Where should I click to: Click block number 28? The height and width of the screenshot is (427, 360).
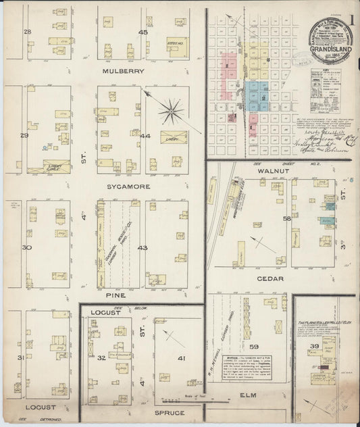tap(28, 32)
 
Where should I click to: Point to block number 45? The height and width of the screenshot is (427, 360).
tap(143, 32)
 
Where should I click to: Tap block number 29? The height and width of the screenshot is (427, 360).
tap(25, 136)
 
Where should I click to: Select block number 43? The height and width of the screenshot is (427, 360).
tap(143, 247)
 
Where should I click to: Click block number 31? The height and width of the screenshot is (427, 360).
tap(21, 357)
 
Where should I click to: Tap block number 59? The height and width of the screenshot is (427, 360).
tap(254, 346)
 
